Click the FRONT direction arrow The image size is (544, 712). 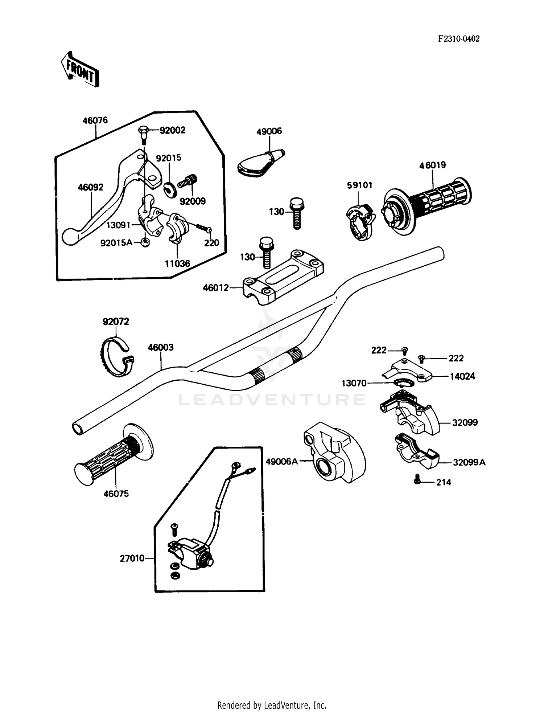(80, 69)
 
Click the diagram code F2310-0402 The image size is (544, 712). (459, 39)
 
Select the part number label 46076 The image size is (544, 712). (95, 120)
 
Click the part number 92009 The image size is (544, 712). (193, 201)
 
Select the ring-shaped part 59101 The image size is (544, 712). (360, 222)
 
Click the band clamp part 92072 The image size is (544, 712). (116, 357)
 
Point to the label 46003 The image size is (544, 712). (161, 348)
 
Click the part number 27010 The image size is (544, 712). (132, 558)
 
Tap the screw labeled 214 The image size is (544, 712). (417, 479)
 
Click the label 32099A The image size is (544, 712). (469, 463)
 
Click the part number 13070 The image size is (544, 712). (354, 383)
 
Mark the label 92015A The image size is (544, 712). (116, 243)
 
